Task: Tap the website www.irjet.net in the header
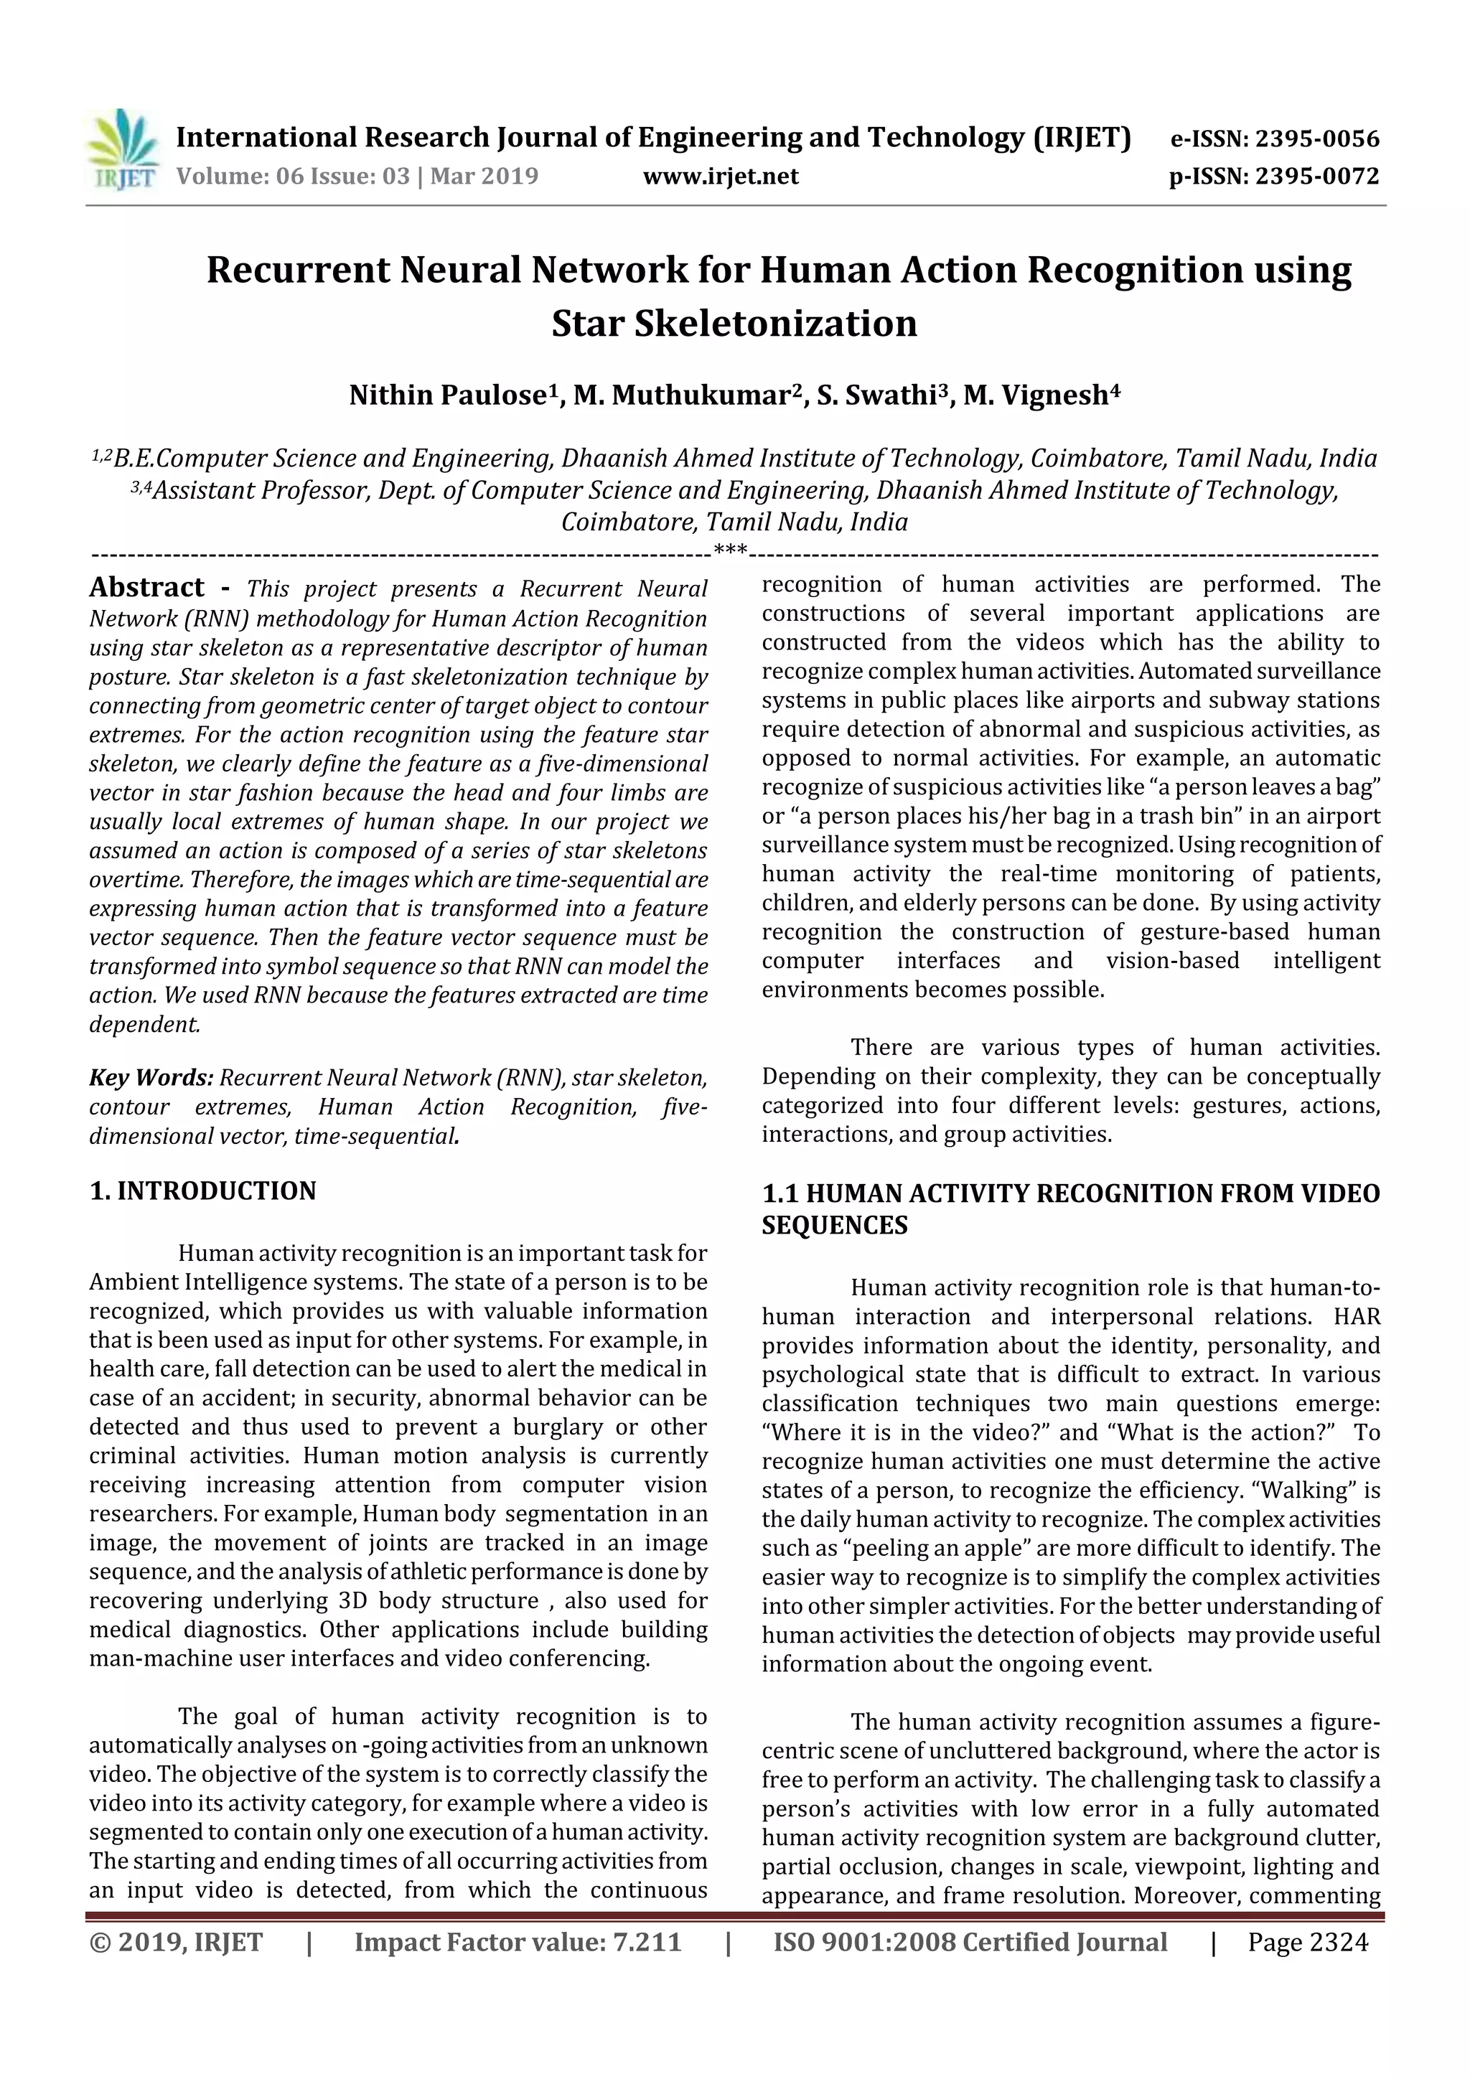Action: click(720, 177)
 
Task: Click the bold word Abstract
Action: click(146, 588)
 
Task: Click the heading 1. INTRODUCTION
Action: click(203, 1191)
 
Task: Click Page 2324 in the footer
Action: click(1307, 1942)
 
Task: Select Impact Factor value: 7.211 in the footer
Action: click(518, 1942)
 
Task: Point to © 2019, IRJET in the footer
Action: click(176, 1942)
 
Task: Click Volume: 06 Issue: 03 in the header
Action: click(293, 177)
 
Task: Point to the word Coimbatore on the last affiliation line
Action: click(627, 522)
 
